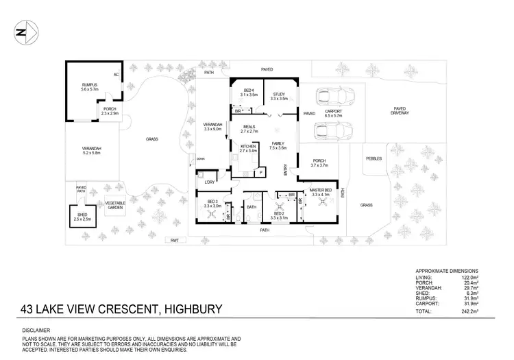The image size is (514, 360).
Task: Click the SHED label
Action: [x=82, y=215]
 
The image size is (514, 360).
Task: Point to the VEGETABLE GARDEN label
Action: [x=114, y=205]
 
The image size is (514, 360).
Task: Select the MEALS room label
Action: [x=249, y=128]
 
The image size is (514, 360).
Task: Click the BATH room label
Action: [x=251, y=207]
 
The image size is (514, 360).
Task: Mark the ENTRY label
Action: [x=285, y=169]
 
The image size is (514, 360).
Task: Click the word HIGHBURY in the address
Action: [x=191, y=309]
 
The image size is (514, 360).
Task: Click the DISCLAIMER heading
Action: [x=36, y=331]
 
